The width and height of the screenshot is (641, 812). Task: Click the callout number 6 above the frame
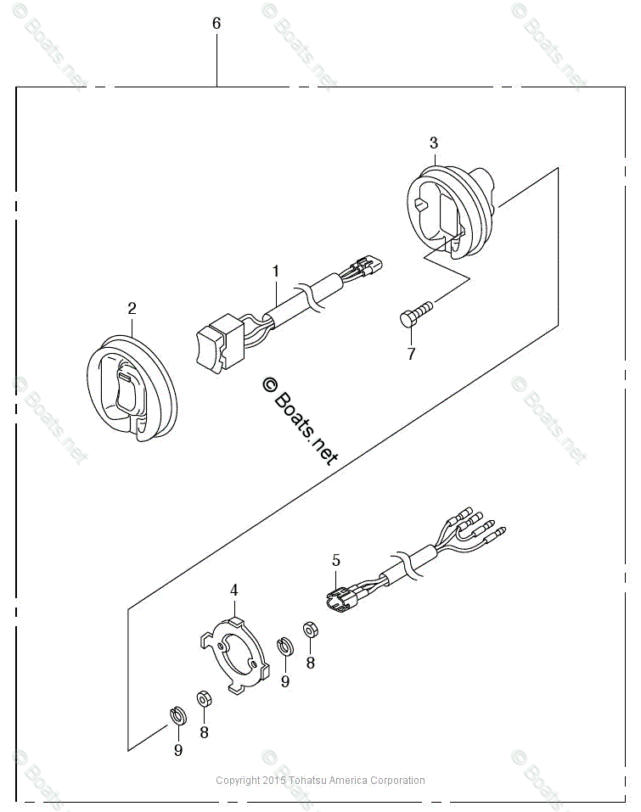216,24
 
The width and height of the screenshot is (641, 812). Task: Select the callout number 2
132,307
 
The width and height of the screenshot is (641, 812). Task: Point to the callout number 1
276,272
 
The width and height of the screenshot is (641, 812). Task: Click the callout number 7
411,354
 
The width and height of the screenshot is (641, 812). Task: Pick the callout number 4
234,590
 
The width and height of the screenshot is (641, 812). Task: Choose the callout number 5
336,560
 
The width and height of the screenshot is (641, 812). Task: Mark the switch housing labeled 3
448,210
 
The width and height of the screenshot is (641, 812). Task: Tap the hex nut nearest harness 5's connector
310,630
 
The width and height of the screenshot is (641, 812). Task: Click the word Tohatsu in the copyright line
310,781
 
